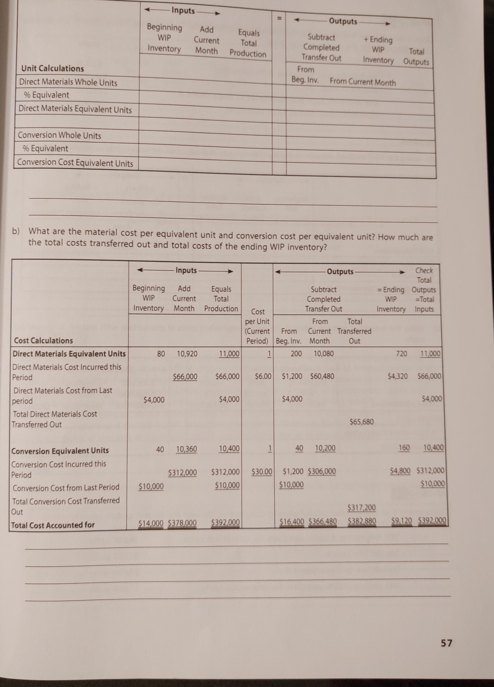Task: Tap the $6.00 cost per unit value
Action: coord(263,377)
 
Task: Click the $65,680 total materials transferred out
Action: coord(361,422)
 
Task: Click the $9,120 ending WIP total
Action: coord(401,521)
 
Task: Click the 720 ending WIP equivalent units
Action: coord(401,354)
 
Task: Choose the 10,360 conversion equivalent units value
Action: coord(186,449)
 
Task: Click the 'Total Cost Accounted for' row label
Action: coord(53,525)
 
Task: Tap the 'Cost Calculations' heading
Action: coord(44,340)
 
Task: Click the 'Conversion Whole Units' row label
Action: coord(59,135)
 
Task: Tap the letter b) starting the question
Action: coord(16,231)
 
